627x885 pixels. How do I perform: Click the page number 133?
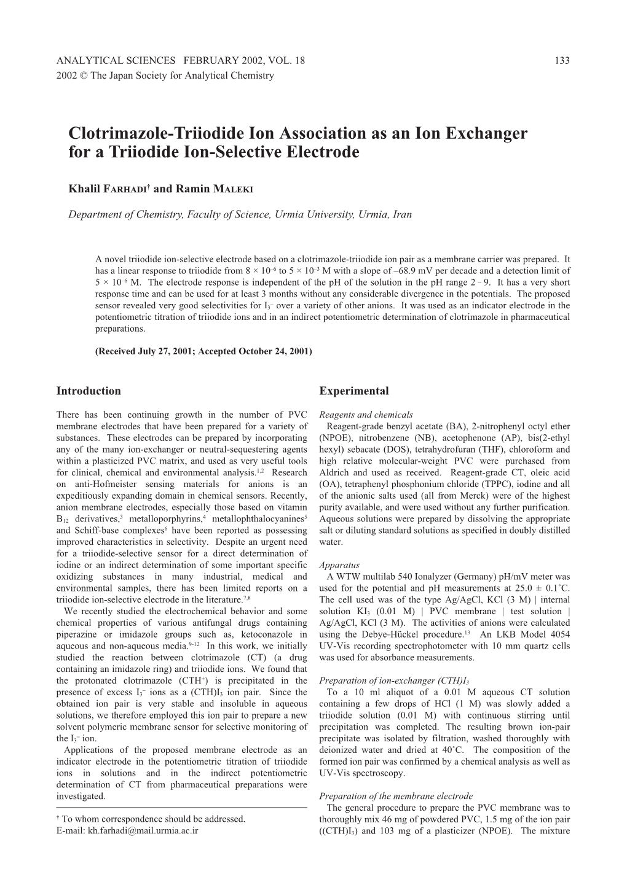(x=562, y=60)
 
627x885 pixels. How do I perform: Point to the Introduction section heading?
(x=89, y=391)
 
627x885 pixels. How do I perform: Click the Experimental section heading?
(x=354, y=391)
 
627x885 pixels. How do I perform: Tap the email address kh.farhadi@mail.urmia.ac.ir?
(x=143, y=830)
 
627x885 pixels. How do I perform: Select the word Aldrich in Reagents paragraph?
(x=336, y=472)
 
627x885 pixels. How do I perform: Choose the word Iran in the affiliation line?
(x=402, y=215)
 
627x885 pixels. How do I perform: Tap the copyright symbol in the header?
(x=82, y=75)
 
